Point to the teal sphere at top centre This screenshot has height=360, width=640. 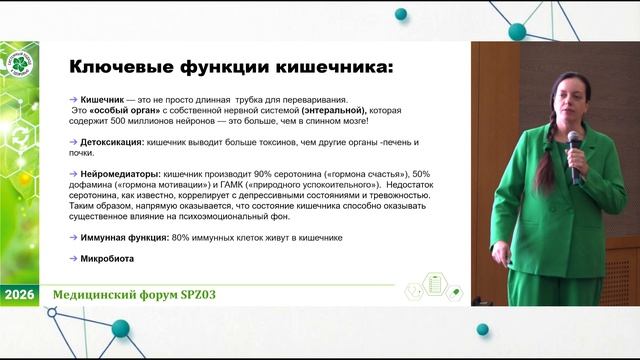pyautogui.click(x=401, y=14)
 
